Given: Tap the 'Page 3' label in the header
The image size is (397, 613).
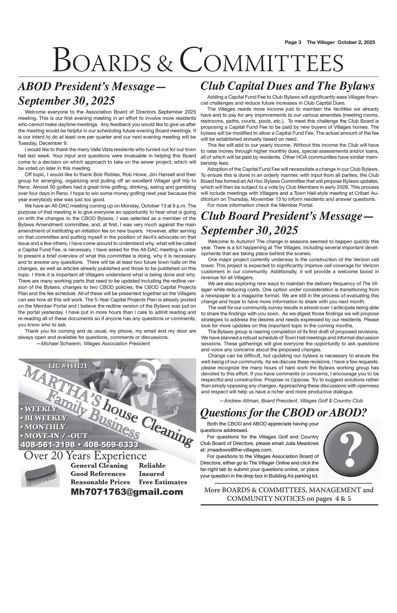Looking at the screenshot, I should click(293, 42).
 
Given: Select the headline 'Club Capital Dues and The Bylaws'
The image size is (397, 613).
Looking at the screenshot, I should click(288, 86).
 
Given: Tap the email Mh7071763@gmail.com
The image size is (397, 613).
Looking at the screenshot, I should click(127, 492).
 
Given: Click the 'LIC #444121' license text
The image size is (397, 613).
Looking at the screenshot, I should click(67, 365).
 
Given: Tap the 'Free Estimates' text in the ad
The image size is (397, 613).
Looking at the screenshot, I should click(163, 482).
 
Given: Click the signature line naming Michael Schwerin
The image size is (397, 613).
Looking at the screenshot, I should click(93, 343).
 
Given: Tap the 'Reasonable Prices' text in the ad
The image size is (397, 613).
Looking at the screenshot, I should click(100, 482).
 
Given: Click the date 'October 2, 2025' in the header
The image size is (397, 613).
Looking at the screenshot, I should click(356, 42).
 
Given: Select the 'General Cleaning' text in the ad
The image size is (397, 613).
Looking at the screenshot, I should click(99, 465).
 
